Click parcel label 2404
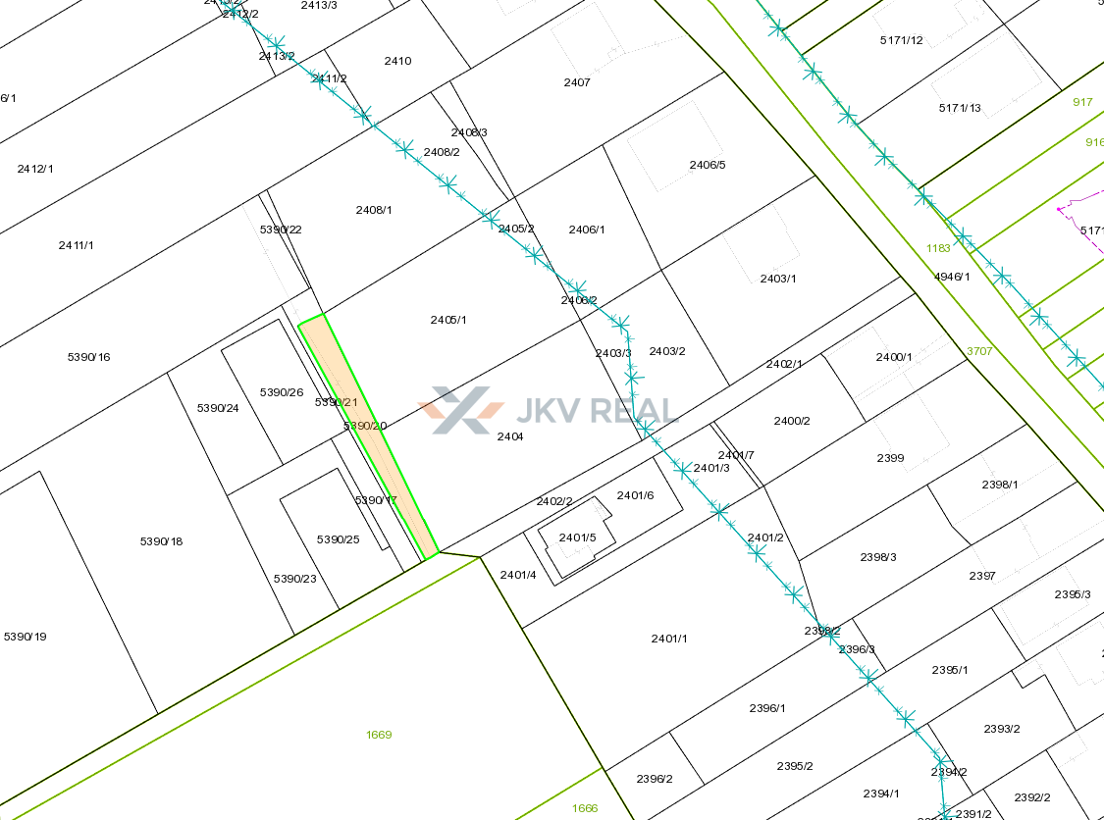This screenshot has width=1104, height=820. (x=510, y=436)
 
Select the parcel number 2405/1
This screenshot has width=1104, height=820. (x=448, y=320)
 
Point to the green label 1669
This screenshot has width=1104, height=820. (x=379, y=735)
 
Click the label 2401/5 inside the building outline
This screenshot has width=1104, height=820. (x=577, y=538)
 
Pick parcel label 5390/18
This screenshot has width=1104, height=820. (x=162, y=541)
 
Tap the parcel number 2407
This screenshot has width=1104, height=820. (x=577, y=82)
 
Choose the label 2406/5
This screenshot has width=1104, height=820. (x=708, y=165)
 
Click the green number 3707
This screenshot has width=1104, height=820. (x=979, y=350)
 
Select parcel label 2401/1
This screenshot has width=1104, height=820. (x=669, y=639)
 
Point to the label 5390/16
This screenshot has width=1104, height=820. (x=89, y=357)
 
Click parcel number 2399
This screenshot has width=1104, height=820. (x=890, y=458)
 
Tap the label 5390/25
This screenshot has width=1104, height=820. (x=339, y=539)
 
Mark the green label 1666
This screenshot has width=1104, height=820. (x=585, y=808)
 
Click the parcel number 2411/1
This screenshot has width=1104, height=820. (x=77, y=245)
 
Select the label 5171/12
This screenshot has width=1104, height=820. (x=902, y=40)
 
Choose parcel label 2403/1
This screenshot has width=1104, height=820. (x=778, y=279)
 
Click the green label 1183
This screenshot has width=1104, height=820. (x=938, y=248)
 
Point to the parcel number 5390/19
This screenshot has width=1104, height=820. (x=26, y=637)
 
